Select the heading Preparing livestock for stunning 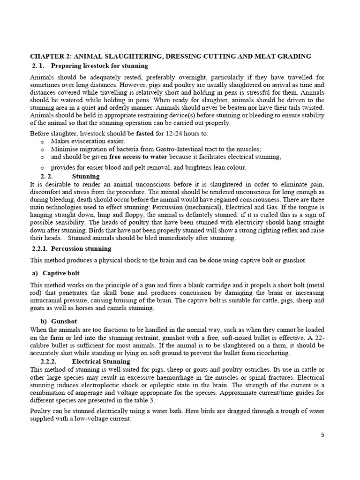pyautogui.click(x=99, y=66)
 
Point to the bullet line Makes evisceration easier pyautogui.click(x=88, y=141)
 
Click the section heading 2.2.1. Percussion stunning pyautogui.click(x=71, y=248)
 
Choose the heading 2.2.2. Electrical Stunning pyautogui.click(x=86, y=362)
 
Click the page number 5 pyautogui.click(x=322, y=435)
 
